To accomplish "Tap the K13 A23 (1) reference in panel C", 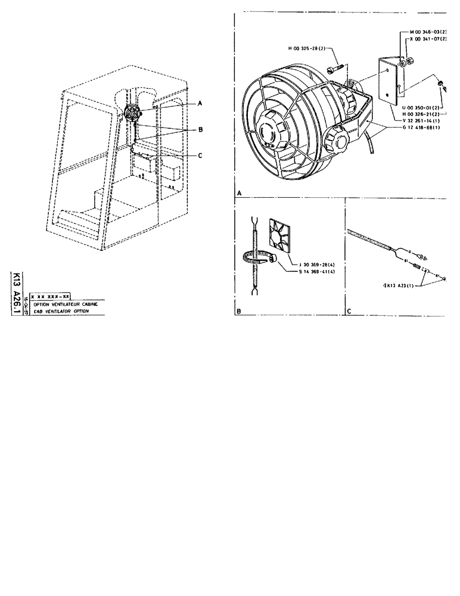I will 394,285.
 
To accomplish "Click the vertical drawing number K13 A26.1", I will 16,292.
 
